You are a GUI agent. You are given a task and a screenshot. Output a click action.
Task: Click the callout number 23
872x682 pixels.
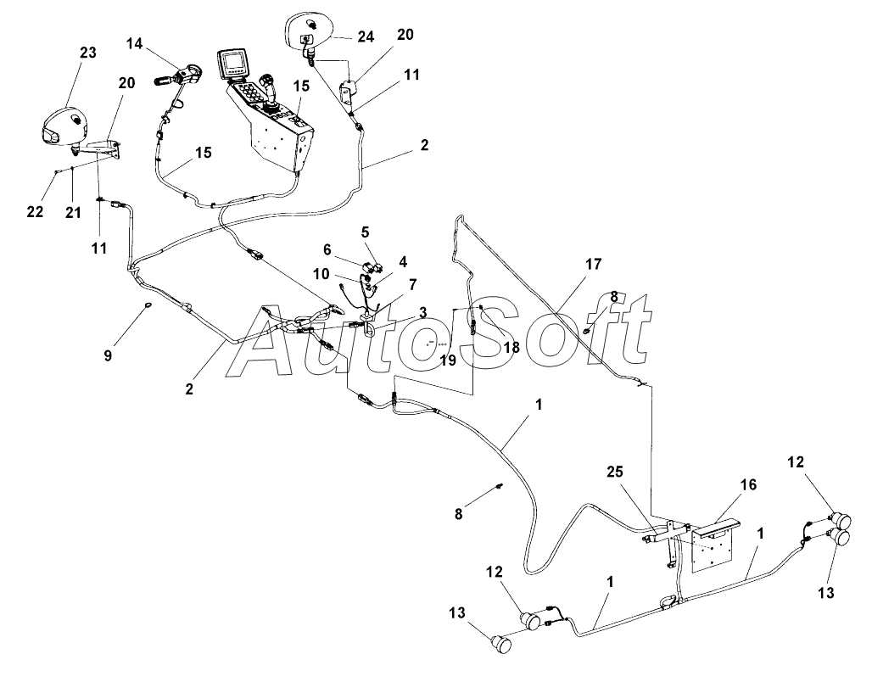[x=88, y=53]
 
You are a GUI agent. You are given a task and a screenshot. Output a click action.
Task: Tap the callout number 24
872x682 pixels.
[x=365, y=37]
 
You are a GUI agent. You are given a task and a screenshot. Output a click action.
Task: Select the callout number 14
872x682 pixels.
[x=137, y=42]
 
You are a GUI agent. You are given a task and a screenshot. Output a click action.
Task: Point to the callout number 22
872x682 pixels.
[x=34, y=211]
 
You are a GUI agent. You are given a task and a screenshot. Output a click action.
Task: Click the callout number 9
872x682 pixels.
[x=108, y=355]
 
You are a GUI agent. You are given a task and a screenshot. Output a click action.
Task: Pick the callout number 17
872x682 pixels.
[x=593, y=265]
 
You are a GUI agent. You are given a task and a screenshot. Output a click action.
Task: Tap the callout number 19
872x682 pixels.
[x=448, y=360]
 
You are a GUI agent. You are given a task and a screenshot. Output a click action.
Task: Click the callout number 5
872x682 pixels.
[x=366, y=231]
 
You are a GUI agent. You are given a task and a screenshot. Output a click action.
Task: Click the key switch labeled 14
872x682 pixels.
[x=178, y=76]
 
